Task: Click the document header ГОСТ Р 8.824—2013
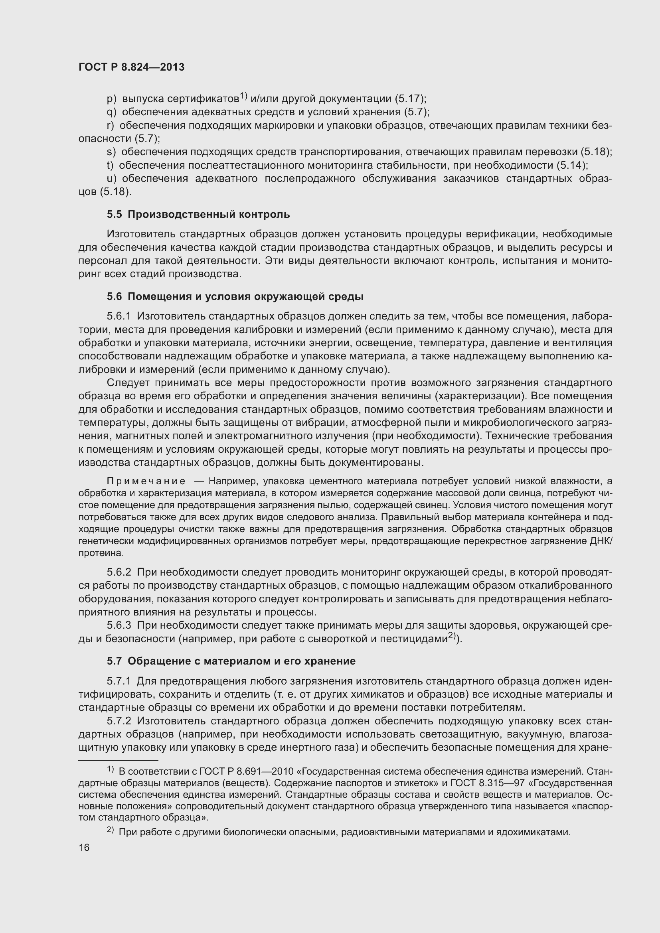click(131, 67)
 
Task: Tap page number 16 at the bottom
click(84, 848)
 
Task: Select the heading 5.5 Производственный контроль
click(198, 214)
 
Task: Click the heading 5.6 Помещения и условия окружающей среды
click(235, 297)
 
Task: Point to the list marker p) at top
click(111, 99)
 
